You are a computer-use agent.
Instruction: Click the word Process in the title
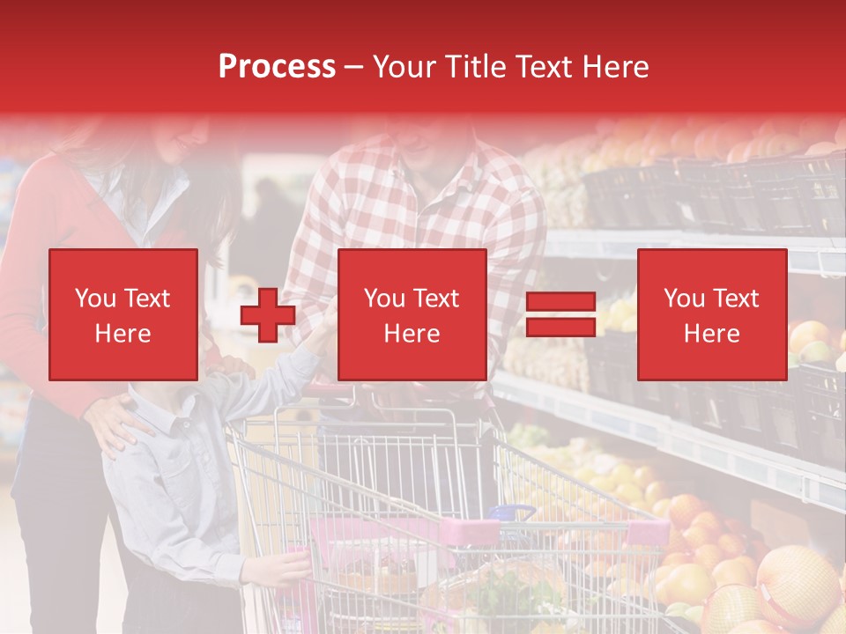277,67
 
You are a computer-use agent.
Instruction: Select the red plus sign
268,315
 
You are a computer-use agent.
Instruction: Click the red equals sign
560,315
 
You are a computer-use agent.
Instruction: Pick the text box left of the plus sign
123,315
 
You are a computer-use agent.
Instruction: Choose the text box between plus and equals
412,315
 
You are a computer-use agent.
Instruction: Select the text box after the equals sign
711,315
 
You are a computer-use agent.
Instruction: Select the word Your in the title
401,67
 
